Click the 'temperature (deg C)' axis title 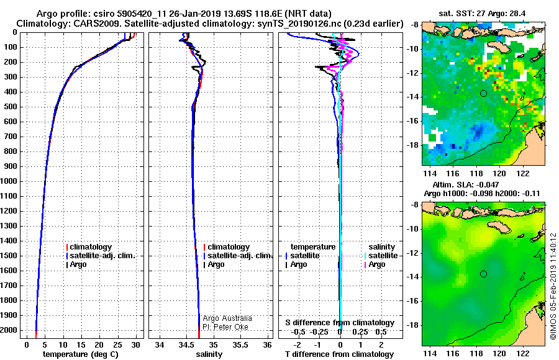[81, 354]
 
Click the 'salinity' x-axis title [209, 354]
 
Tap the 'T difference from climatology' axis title [339, 354]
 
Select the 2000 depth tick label [9, 330]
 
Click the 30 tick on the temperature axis [135, 344]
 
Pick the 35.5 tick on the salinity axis [240, 344]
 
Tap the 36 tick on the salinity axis [267, 344]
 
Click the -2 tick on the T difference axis [297, 344]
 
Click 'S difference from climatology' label [340, 323]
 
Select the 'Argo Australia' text [227, 318]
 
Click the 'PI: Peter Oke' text [225, 327]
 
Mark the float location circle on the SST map [483, 93]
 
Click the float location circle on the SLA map [483, 274]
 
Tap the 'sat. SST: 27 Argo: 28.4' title [482, 14]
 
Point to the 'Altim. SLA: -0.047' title [466, 184]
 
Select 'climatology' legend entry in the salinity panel [228, 246]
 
